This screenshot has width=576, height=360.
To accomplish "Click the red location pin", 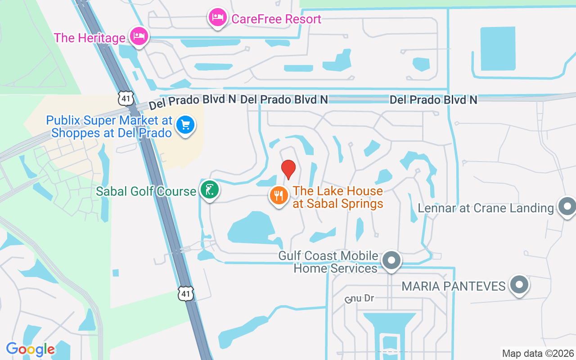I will click(288, 169).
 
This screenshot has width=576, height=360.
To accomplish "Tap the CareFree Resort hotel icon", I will click(218, 18).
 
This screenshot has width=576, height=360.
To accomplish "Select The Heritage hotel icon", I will click(139, 36).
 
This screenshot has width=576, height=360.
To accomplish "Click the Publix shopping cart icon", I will click(185, 125).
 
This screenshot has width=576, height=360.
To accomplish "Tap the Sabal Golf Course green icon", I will click(209, 191).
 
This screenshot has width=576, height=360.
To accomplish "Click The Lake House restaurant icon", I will click(279, 196).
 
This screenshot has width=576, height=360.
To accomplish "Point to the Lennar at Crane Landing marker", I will click(566, 207).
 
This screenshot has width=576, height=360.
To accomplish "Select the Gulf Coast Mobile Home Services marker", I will click(391, 261).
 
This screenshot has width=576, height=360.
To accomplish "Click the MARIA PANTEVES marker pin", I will click(519, 285).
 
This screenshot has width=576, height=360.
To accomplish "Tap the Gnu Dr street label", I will click(360, 298).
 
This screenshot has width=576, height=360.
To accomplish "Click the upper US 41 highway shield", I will click(126, 98).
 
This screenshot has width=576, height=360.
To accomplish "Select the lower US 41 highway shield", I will click(186, 293).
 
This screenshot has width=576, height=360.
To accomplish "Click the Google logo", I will click(30, 349).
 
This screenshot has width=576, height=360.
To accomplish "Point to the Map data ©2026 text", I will click(538, 353).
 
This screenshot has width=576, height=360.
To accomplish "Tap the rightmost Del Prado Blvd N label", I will click(433, 99).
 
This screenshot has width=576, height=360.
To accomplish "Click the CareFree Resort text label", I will click(276, 19).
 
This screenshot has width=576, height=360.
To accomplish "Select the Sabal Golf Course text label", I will click(146, 191).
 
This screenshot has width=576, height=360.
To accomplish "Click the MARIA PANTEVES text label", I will click(454, 286).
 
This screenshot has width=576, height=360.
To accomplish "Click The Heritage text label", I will click(90, 37).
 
